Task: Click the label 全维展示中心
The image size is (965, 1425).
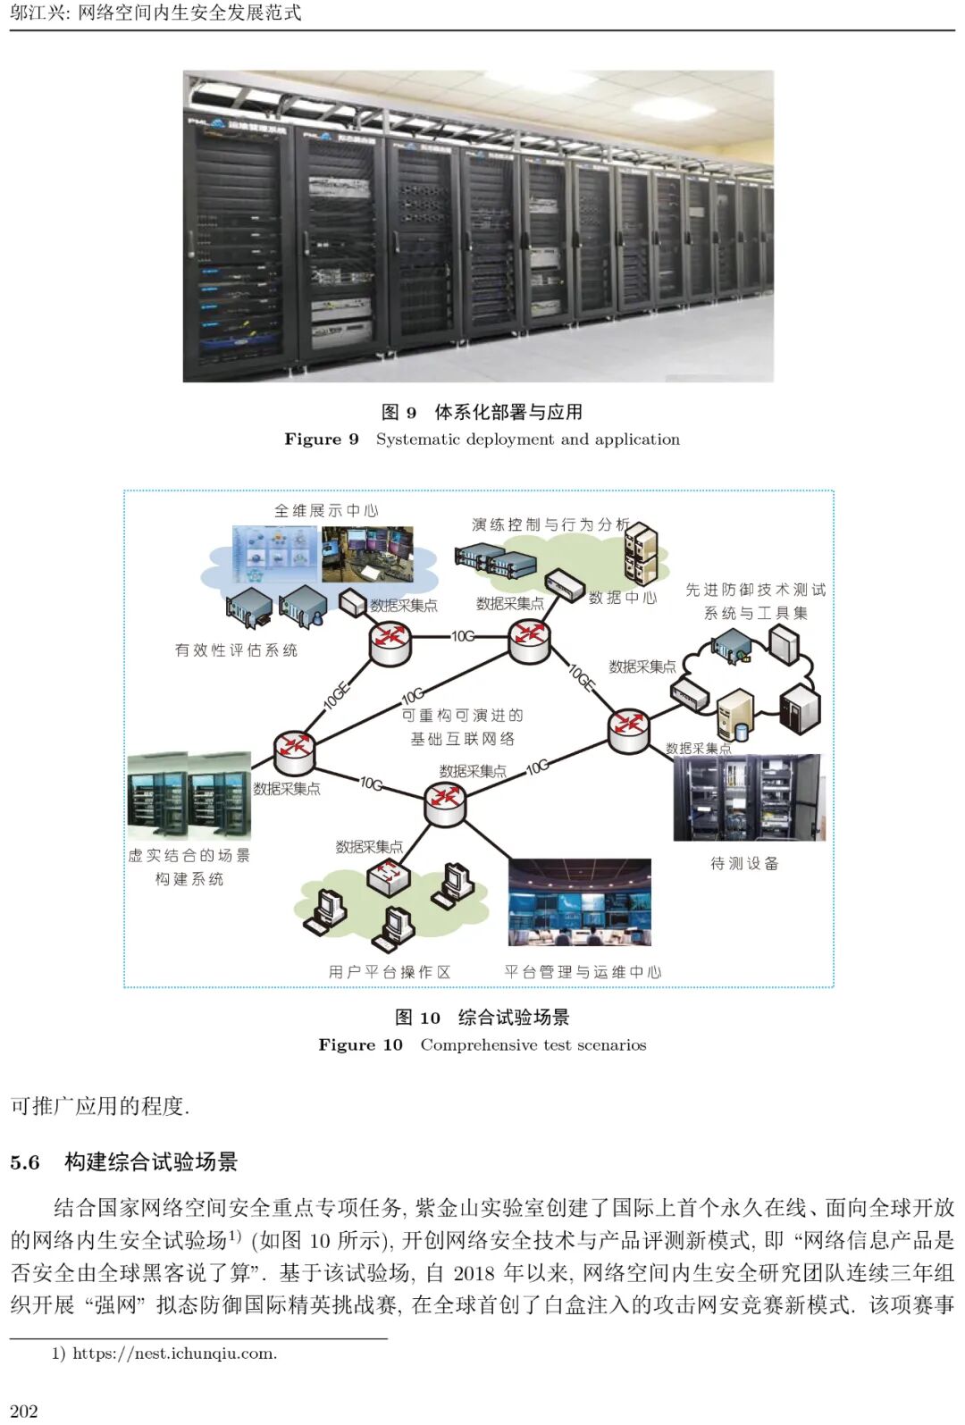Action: pos(326,511)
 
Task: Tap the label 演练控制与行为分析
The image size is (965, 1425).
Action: pos(550,524)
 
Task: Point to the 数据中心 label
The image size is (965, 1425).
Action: pos(623,598)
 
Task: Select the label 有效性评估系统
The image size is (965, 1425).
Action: pos(236,650)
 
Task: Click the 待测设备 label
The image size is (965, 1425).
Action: pos(744,863)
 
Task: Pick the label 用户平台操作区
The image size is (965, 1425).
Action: pos(389,971)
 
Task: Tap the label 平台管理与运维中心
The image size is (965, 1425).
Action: pos(583,971)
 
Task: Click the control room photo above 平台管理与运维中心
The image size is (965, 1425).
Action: pos(579,902)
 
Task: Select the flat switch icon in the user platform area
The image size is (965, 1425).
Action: pos(390,877)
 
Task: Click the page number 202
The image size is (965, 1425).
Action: pos(24,1410)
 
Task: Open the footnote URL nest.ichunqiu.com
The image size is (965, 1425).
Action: pos(174,1354)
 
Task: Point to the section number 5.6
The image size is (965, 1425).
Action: pos(25,1162)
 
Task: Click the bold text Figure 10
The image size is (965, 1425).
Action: pos(360,1044)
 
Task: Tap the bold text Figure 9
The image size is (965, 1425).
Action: pos(322,439)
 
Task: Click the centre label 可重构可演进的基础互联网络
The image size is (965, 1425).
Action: pos(462,726)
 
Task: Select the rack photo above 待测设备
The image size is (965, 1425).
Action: pos(749,798)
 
